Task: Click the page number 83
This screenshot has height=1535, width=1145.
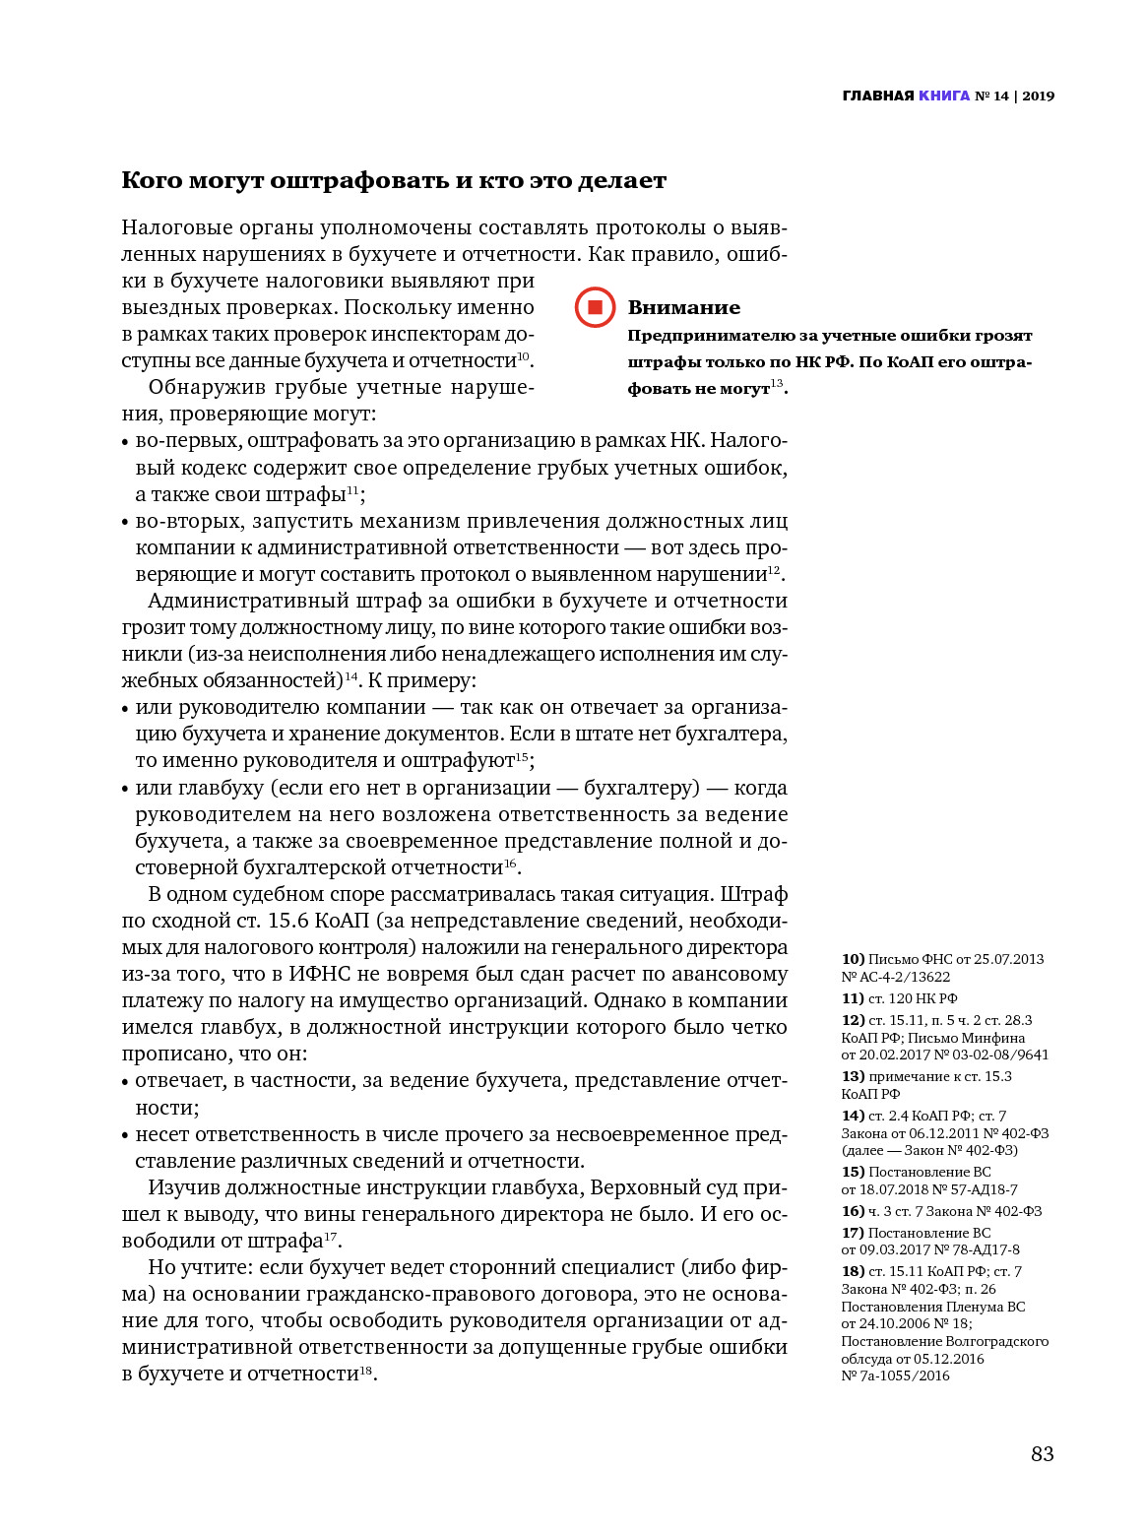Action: pos(1042,1454)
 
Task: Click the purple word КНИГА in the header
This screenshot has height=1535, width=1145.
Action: pos(943,96)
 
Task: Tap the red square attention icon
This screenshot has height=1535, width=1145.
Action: pos(595,307)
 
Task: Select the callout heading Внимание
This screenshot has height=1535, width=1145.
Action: pos(683,307)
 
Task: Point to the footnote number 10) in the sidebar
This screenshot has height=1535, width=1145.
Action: pos(853,959)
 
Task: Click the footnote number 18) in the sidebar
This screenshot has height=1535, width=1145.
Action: pos(853,1271)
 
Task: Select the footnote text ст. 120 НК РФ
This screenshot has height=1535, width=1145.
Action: pos(913,998)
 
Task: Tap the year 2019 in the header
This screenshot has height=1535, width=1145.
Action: pos(1038,96)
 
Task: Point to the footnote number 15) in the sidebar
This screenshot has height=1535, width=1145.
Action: pos(853,1172)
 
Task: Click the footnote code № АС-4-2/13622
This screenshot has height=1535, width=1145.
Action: pos(896,977)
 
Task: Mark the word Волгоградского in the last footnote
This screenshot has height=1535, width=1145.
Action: pos(996,1341)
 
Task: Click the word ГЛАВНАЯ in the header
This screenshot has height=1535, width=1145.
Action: pos(878,96)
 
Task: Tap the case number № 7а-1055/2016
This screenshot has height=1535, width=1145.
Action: pos(896,1375)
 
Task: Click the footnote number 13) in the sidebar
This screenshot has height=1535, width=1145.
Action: pos(853,1076)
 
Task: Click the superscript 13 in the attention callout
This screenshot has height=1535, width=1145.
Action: pos(777,383)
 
